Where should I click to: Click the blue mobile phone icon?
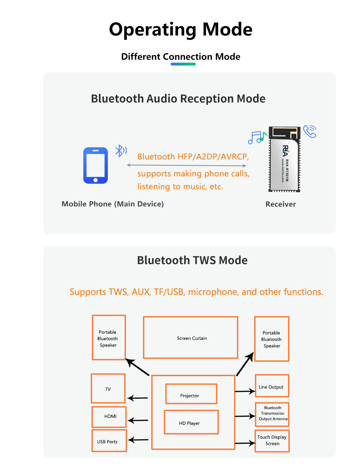[x=95, y=166]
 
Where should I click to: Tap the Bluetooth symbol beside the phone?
[x=120, y=150]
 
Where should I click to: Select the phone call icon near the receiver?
[x=310, y=131]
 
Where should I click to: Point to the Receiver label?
[x=280, y=204]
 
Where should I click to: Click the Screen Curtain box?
[x=190, y=338]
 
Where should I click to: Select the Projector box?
[x=191, y=394]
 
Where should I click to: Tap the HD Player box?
[x=191, y=422]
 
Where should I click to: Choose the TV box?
[x=108, y=388]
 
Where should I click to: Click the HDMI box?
[x=109, y=417]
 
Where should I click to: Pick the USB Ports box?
[x=109, y=441]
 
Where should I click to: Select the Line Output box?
[x=272, y=386]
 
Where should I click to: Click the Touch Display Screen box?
[x=272, y=441]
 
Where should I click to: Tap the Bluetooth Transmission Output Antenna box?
[x=272, y=414]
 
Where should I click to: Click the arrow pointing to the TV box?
[x=138, y=398]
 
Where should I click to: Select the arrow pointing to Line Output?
[x=245, y=391]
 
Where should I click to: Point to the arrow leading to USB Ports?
[x=138, y=440]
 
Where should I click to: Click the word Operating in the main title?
[x=153, y=30]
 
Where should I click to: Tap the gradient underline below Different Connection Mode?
[x=183, y=64]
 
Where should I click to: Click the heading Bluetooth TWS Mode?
[x=192, y=260]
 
